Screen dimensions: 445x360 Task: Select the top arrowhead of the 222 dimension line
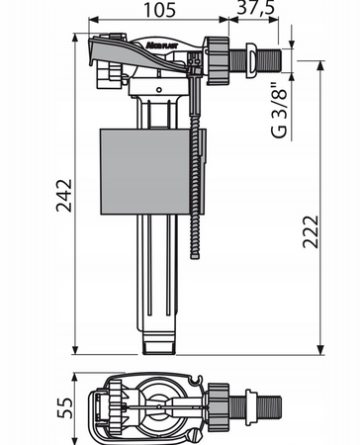(321, 62)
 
